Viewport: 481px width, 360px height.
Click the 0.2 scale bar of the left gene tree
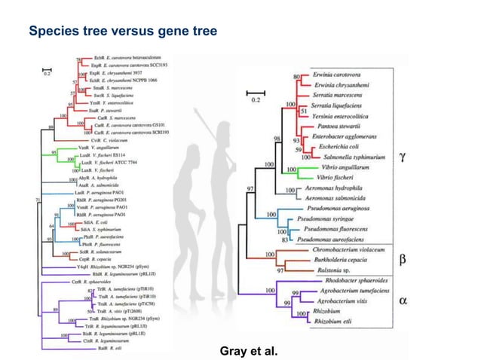tap(47, 71)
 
